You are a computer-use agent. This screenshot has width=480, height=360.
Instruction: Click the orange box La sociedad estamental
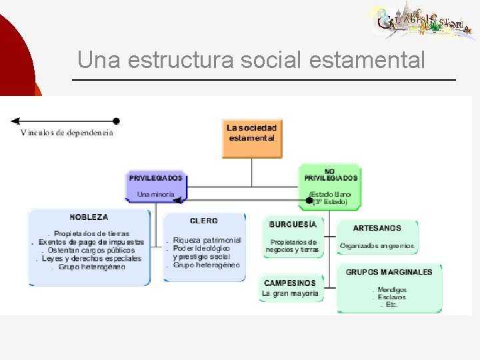(251, 138)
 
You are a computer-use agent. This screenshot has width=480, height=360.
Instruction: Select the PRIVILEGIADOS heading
(155, 179)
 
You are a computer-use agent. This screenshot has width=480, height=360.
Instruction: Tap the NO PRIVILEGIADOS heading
(331, 175)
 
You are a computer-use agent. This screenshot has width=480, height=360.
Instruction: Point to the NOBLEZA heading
(89, 217)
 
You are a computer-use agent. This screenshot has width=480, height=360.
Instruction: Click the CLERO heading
(203, 221)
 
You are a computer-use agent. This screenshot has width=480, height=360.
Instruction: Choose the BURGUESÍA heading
(293, 225)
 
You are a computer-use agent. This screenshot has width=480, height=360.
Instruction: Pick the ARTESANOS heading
(377, 228)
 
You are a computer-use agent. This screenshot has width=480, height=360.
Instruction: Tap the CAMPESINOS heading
(289, 283)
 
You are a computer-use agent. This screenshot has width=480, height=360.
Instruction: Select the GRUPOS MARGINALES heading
(389, 272)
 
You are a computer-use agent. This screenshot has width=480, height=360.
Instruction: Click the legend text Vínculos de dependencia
(67, 133)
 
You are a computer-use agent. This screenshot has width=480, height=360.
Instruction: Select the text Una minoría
(155, 195)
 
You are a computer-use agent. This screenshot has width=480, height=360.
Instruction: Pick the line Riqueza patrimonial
(207, 240)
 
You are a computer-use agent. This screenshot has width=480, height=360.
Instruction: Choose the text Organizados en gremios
(377, 245)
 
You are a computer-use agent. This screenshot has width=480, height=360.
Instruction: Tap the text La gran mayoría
(290, 293)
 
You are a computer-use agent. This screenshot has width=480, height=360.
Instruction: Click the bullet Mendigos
(391, 290)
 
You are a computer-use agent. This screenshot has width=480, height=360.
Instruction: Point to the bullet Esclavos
(391, 297)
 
